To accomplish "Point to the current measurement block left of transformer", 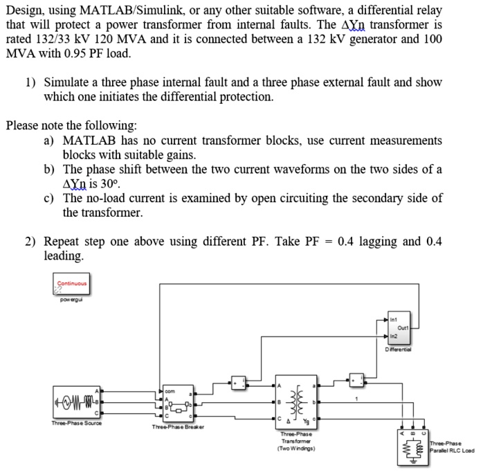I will click(x=237, y=381).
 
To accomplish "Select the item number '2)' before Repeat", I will click(x=32, y=242).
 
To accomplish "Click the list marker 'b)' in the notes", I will click(x=49, y=170).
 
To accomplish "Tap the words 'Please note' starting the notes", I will click(x=35, y=126).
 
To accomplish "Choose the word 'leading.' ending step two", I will click(x=64, y=256).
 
